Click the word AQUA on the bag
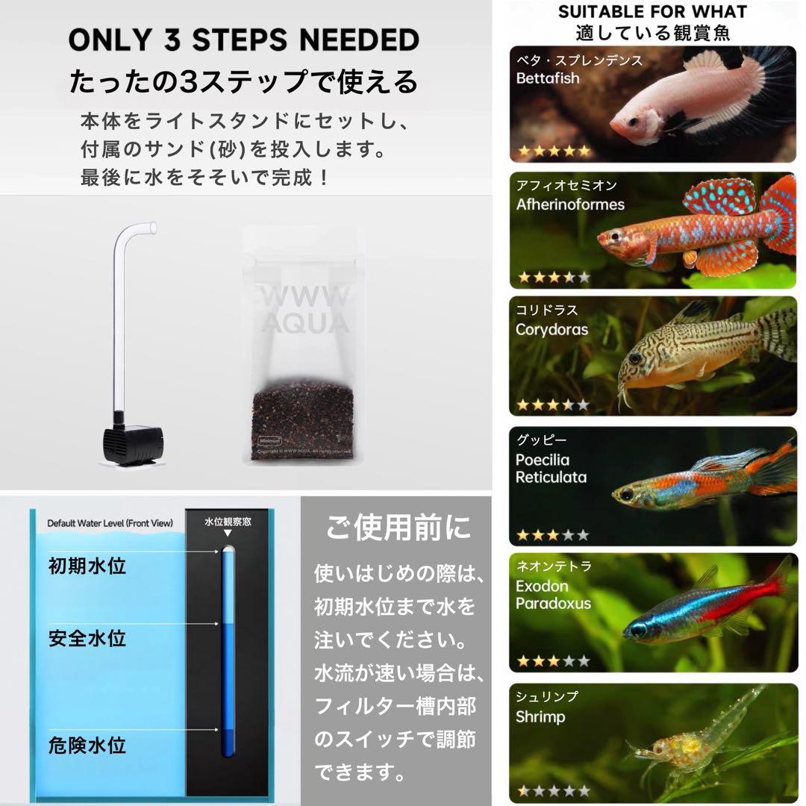(x=302, y=322)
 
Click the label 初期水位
(x=87, y=566)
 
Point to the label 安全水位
(x=87, y=638)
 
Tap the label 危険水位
(x=87, y=745)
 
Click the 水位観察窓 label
(x=228, y=522)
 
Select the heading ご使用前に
(x=399, y=528)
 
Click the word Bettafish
(x=547, y=78)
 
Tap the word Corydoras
(x=552, y=329)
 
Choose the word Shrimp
(x=540, y=717)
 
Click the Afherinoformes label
(x=570, y=204)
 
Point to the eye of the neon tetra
(x=637, y=630)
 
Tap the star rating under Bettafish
(x=554, y=151)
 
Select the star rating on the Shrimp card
(x=554, y=790)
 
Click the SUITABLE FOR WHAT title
(x=652, y=12)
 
